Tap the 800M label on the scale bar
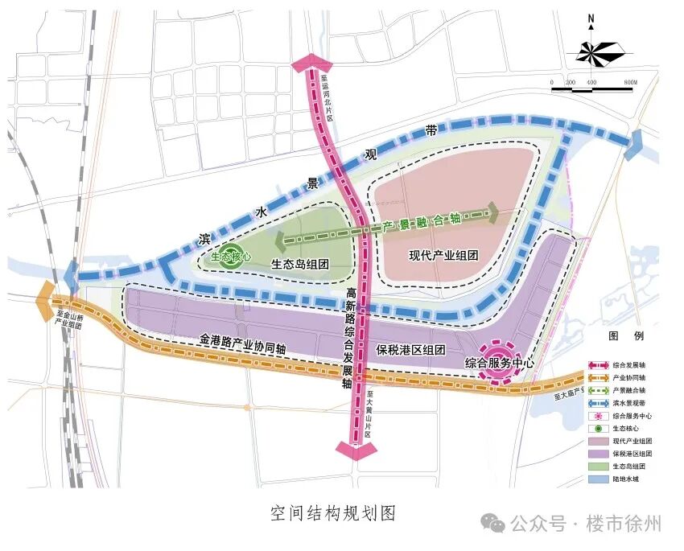click(x=630, y=83)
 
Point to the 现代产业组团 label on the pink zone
click(x=443, y=256)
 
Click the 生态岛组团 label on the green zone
click(x=301, y=263)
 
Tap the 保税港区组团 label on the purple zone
click(x=411, y=350)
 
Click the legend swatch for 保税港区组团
click(x=599, y=453)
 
